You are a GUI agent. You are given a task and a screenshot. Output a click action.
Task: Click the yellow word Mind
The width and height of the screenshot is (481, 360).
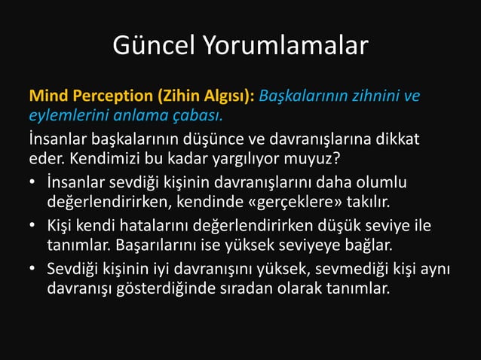coord(49,97)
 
